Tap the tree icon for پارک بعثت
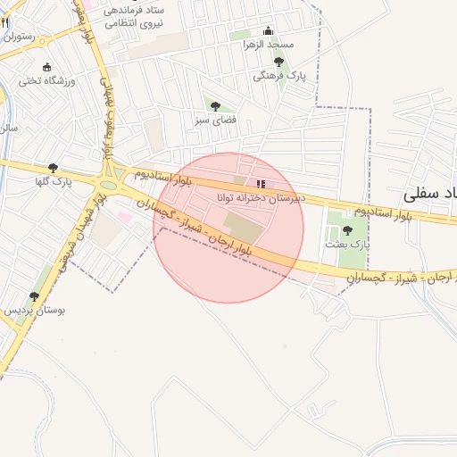(x=347, y=230)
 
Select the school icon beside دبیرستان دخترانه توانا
(x=261, y=183)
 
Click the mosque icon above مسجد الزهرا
(x=269, y=31)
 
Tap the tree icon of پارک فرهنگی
(x=278, y=62)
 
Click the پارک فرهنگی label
(x=279, y=76)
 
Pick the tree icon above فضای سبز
(x=215, y=106)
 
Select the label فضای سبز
(x=215, y=119)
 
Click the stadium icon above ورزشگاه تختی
(x=47, y=67)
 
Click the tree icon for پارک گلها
(x=53, y=168)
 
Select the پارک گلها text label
(x=53, y=181)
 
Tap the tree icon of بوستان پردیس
(x=34, y=296)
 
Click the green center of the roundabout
(x=109, y=185)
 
